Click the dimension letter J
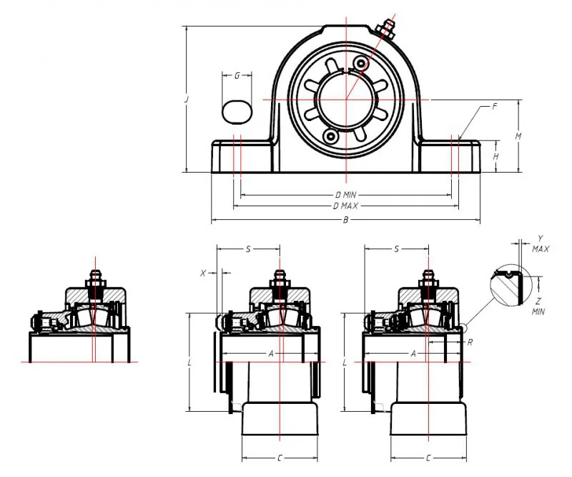tap(186, 100)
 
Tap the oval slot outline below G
tap(237, 112)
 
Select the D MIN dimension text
tap(346, 195)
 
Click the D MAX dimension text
tap(346, 206)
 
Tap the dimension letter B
tap(346, 220)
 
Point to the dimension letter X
tap(203, 273)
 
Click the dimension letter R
tap(469, 342)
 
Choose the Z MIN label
tap(539, 307)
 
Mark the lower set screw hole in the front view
tap(330, 135)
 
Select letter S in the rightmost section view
tap(396, 249)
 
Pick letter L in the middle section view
tap(189, 362)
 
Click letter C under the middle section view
tap(279, 457)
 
